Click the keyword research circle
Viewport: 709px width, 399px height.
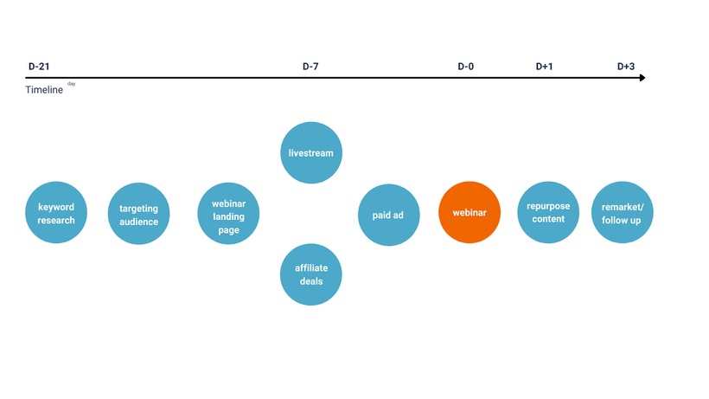tap(56, 213)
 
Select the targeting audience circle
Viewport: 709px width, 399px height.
tap(139, 214)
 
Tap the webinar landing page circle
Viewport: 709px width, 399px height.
tap(228, 214)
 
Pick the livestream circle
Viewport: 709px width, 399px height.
tap(311, 153)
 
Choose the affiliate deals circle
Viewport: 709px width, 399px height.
tap(311, 274)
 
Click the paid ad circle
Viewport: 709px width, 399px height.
tap(389, 215)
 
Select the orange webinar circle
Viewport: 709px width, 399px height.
tap(469, 213)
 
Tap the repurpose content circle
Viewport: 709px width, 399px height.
tap(548, 213)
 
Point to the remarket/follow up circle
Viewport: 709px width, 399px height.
tap(623, 213)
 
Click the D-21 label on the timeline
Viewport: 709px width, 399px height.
tap(39, 67)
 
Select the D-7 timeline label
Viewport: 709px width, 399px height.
tap(310, 67)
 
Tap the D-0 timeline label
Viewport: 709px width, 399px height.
tap(466, 67)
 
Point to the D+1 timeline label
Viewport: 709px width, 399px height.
tap(544, 67)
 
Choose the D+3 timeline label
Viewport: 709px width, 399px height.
tap(626, 67)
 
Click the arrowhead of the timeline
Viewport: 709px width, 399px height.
tap(642, 78)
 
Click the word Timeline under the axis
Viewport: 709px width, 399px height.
tap(44, 89)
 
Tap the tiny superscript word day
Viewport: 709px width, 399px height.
tap(72, 84)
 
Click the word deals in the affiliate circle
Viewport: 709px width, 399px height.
tap(311, 281)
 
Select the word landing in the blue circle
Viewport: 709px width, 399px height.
tap(228, 216)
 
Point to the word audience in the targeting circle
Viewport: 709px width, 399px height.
tap(139, 222)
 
